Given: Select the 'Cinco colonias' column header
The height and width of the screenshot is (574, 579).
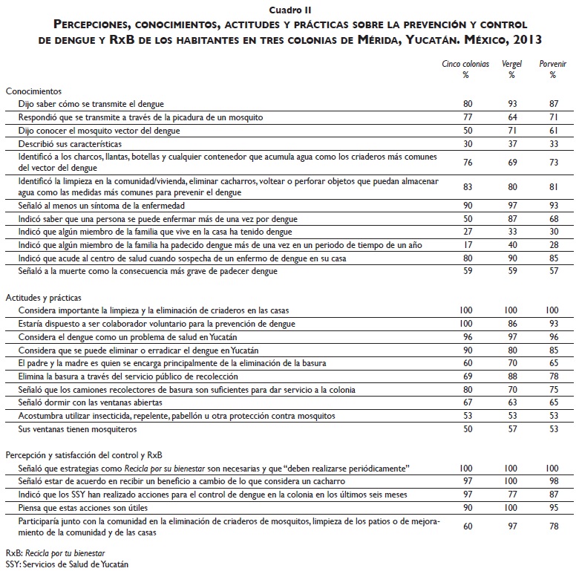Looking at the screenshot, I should coord(466,65).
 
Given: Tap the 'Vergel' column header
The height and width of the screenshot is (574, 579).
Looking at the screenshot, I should coord(511,65).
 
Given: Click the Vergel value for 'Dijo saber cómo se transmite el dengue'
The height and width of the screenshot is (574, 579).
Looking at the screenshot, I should coord(511,104).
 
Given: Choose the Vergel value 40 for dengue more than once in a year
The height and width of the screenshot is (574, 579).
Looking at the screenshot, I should coord(511,245).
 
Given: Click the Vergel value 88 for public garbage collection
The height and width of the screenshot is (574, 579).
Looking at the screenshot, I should coord(511,376).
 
